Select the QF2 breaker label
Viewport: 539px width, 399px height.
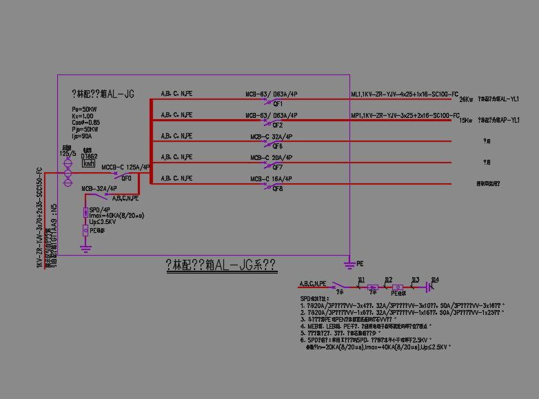pyautogui.click(x=278, y=125)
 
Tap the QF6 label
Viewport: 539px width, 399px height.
pyautogui.click(x=278, y=147)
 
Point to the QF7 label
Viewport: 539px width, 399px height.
pyautogui.click(x=278, y=167)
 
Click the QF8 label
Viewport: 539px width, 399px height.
pyautogui.click(x=278, y=189)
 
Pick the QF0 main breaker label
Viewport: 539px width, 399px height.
pyautogui.click(x=127, y=178)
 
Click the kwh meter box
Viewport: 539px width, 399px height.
pyautogui.click(x=89, y=164)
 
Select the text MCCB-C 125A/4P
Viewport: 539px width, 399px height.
pyautogui.click(x=126, y=167)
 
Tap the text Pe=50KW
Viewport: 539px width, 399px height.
pyautogui.click(x=85, y=110)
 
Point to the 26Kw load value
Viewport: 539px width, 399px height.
pyautogui.click(x=467, y=100)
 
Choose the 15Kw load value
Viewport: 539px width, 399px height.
pyautogui.click(x=467, y=121)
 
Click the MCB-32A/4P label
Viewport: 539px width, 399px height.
pyautogui.click(x=99, y=188)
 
